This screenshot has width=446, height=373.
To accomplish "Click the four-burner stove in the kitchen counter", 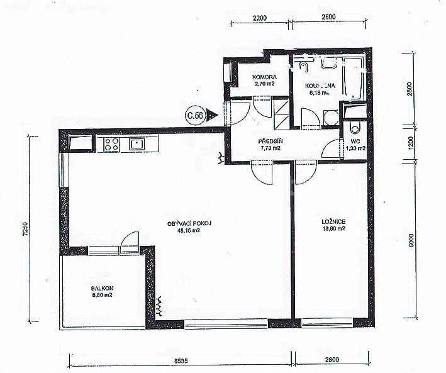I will pos(111,144).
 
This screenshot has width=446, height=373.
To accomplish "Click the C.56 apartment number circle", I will pos(194,115).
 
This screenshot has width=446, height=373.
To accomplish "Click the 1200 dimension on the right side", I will pos(410,143).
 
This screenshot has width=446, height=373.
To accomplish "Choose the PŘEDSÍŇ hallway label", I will pos(269,141).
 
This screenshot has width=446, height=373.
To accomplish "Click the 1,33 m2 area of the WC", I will pos(355,148).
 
